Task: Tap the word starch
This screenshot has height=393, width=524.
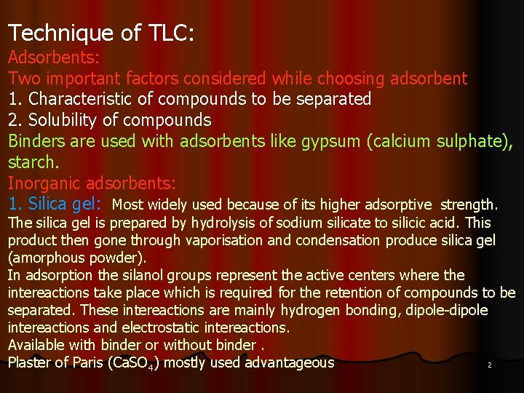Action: tap(30, 161)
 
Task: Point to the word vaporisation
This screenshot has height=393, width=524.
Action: tap(224, 240)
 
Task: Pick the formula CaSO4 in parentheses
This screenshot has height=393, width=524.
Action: tap(133, 363)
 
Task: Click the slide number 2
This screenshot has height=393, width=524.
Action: tap(489, 365)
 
